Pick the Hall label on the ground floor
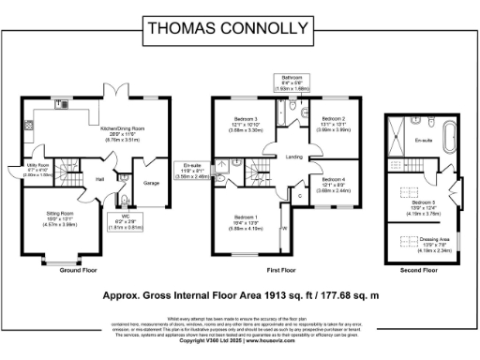click(x=98, y=175)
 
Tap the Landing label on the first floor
click(x=293, y=157)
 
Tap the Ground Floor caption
click(x=81, y=269)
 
